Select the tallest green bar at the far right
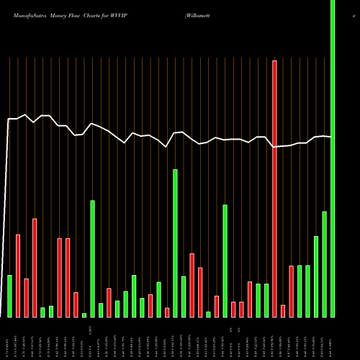coord(333,158)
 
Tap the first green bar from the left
coord(9,296)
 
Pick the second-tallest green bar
coord(174,243)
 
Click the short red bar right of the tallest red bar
coord(283,311)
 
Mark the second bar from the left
coord(18,276)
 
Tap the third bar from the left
coord(26,297)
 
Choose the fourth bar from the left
coord(35,267)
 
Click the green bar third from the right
coord(316,276)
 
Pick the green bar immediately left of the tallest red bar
coord(266,300)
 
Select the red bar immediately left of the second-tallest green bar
coord(166,312)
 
